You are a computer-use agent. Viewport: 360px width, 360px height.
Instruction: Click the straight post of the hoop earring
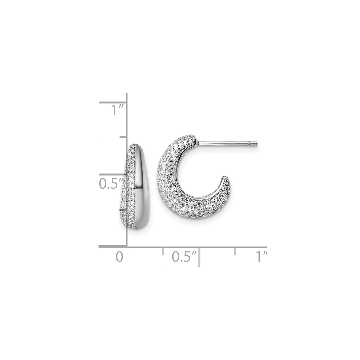(225, 144)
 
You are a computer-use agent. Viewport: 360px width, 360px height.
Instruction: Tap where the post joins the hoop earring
(196, 143)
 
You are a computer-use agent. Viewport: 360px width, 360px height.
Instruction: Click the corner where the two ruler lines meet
(127, 246)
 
